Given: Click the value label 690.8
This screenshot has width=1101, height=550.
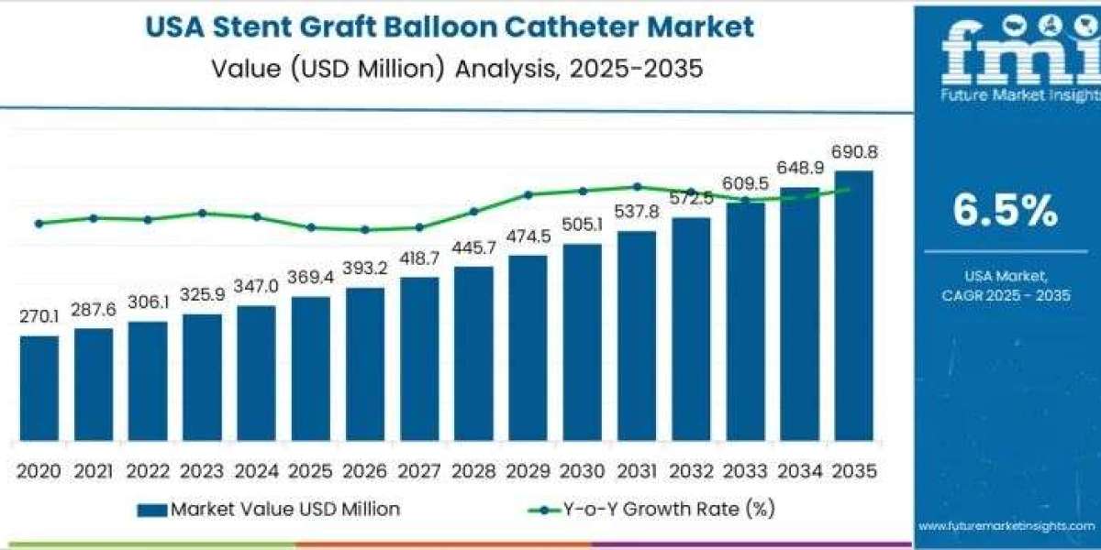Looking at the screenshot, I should [853, 152].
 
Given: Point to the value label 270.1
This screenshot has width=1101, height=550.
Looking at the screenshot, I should [39, 317].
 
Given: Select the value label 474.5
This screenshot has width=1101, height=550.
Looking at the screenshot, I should [528, 236].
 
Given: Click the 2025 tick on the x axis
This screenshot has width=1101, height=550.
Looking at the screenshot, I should [310, 470].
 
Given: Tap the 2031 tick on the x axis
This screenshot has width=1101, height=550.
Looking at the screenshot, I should [636, 470].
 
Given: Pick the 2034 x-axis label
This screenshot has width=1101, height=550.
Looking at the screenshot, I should [799, 470].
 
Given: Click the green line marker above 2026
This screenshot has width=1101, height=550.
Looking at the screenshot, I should [365, 230].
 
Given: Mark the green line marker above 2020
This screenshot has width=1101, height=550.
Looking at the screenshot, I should [39, 223].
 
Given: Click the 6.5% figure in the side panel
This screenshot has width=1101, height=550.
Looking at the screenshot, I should [1005, 212].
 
